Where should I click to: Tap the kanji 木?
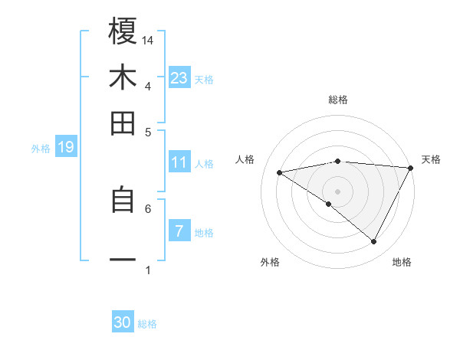click(x=123, y=77)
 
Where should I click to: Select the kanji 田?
click(x=123, y=123)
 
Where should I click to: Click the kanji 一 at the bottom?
click(x=123, y=260)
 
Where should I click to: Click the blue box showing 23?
click(x=179, y=77)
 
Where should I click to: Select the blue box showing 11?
click(x=179, y=162)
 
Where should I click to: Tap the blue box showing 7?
click(x=179, y=231)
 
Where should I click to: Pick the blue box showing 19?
click(x=66, y=147)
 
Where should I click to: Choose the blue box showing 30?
click(x=123, y=322)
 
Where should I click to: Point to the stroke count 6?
click(x=148, y=208)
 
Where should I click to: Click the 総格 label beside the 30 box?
click(x=147, y=324)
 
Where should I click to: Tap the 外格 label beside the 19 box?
click(x=41, y=149)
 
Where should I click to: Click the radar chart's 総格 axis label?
click(x=338, y=100)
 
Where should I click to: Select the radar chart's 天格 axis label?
click(x=432, y=159)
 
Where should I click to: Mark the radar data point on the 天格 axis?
click(x=411, y=167)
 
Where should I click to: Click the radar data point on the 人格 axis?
click(x=280, y=172)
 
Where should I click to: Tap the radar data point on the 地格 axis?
click(x=374, y=242)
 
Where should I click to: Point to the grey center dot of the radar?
click(x=338, y=191)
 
